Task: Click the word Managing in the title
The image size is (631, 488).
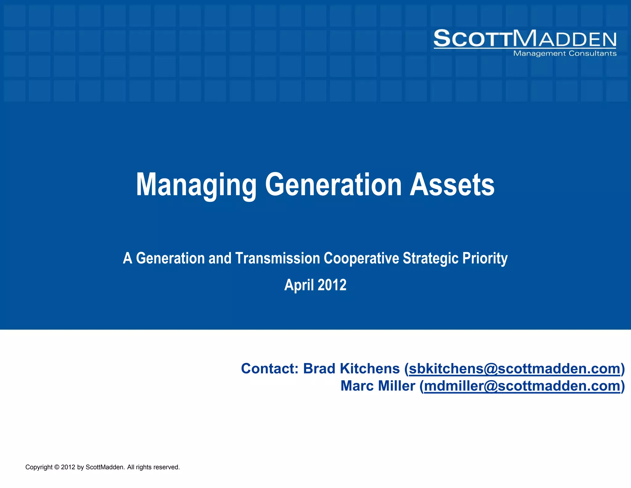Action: click(x=196, y=185)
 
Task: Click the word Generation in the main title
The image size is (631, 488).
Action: click(x=333, y=185)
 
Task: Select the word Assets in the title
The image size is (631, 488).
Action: click(x=452, y=185)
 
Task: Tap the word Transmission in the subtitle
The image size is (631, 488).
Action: click(x=278, y=258)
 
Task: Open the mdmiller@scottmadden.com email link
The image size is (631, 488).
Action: click(x=522, y=386)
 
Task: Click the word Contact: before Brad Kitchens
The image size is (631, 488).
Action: click(x=270, y=369)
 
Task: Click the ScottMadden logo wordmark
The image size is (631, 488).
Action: click(x=525, y=39)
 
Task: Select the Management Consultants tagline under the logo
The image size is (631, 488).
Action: click(x=564, y=54)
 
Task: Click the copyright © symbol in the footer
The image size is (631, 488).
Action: click(x=56, y=467)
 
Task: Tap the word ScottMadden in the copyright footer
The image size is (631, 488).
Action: click(x=105, y=467)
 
